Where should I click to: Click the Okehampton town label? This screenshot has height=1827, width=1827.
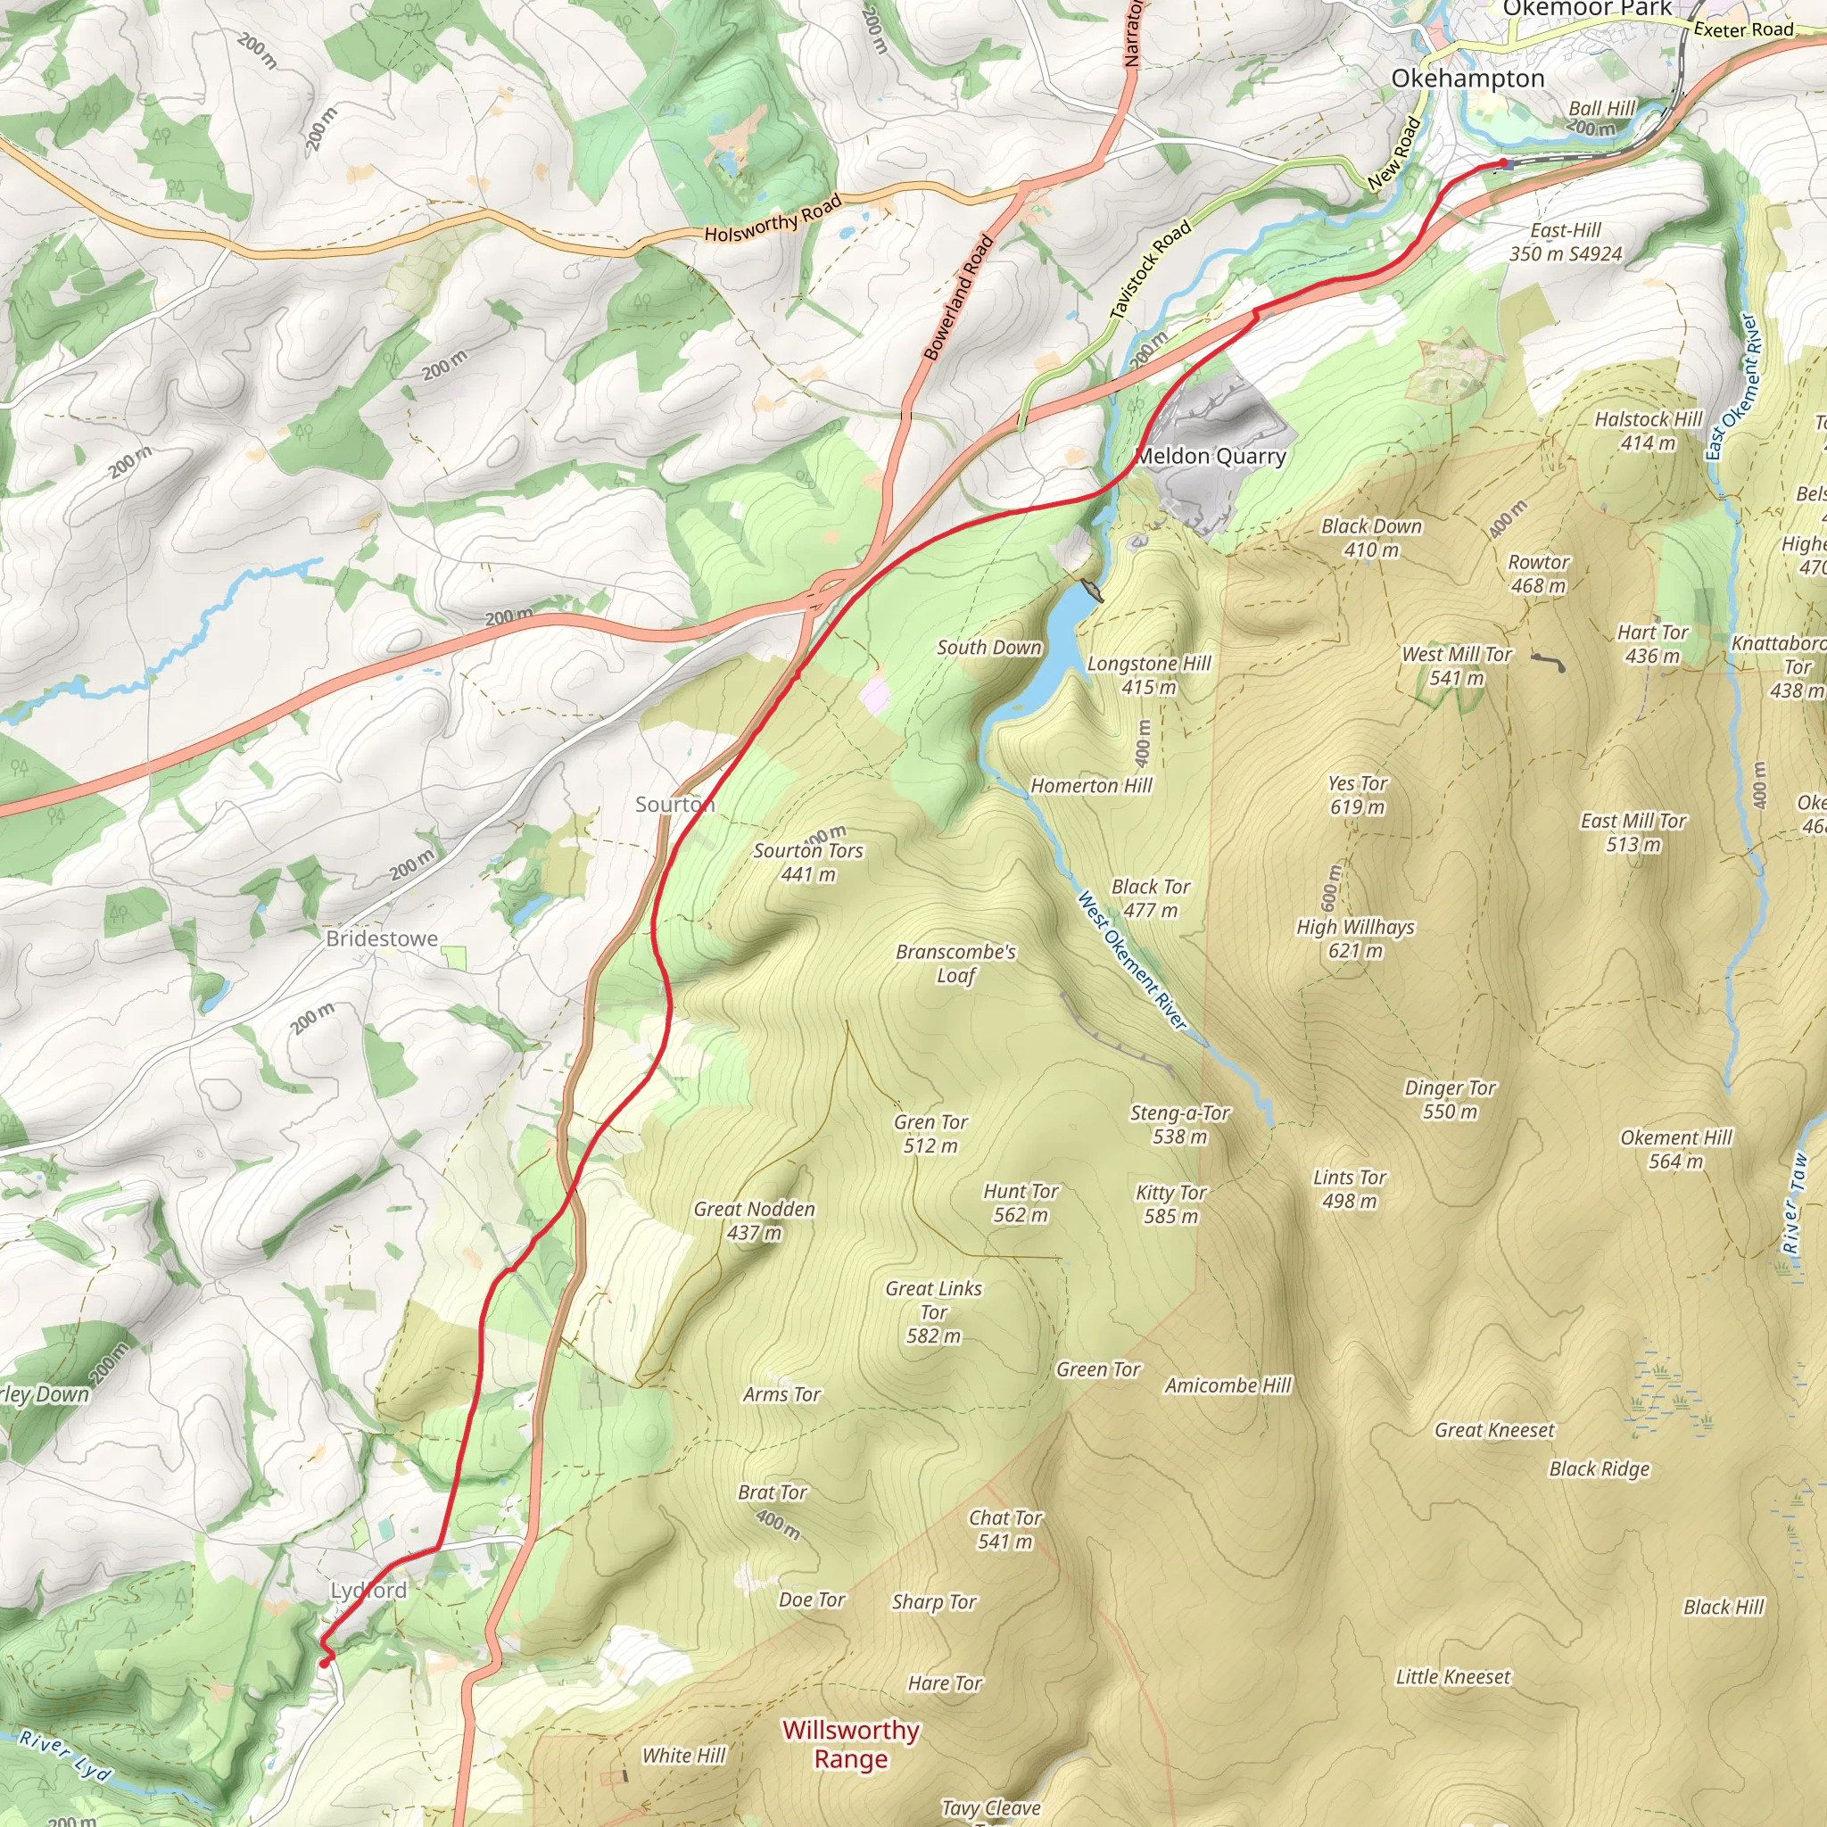coord(1467,79)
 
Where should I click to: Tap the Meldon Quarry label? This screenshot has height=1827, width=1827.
coord(1211,456)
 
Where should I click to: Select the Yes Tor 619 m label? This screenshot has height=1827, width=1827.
coord(1357,794)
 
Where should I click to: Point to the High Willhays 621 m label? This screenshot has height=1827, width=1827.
coord(1355,938)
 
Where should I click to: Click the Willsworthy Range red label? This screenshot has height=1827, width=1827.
coord(850,1744)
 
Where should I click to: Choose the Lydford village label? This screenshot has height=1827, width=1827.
coord(368,1590)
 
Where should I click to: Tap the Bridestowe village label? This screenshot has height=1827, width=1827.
coord(382,938)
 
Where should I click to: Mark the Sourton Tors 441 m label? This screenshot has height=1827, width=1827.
coord(807,862)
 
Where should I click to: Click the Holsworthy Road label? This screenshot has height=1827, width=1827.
coord(773,219)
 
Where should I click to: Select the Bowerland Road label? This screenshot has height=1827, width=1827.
coord(958,297)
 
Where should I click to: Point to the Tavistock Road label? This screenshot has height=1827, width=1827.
coord(1150,269)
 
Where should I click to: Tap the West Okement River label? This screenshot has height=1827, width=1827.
coord(1131,960)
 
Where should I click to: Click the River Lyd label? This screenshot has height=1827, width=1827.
coord(65,1755)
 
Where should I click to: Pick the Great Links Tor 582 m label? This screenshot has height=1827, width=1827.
coord(933,1311)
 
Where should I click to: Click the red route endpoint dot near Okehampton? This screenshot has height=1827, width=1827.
coord(1502,162)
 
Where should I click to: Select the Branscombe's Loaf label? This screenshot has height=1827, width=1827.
coord(955,963)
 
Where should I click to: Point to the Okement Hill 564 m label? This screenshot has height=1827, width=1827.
coord(1675,1148)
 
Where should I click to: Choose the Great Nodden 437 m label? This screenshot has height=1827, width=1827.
coord(754,1219)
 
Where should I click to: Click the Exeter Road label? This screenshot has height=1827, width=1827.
coord(1743,29)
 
